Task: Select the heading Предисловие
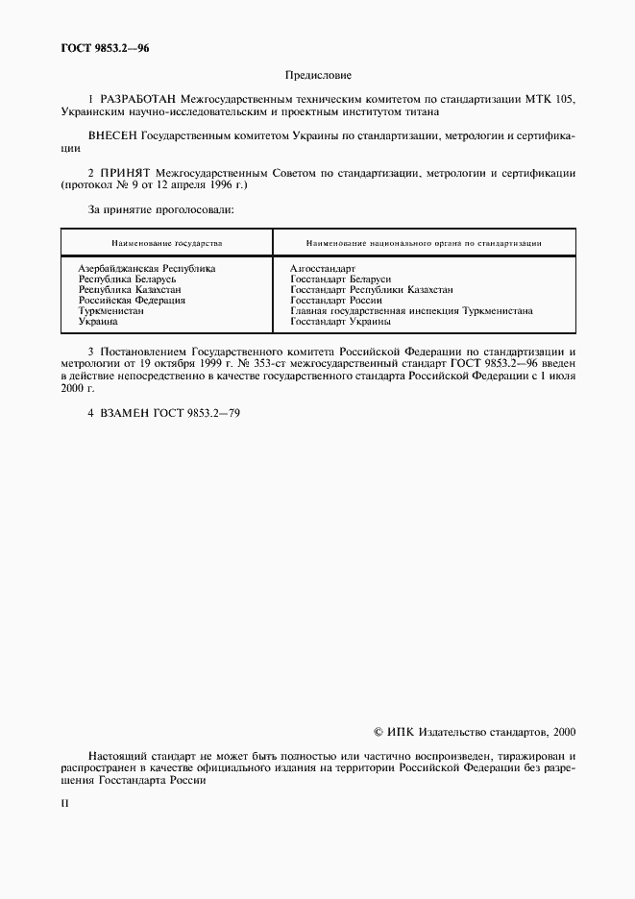318,75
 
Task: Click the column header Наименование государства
166,243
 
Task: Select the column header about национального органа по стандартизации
424,243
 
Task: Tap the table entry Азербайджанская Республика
147,268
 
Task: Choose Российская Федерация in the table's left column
132,301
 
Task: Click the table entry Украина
98,322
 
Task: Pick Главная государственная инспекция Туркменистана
411,311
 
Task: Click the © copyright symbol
378,732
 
